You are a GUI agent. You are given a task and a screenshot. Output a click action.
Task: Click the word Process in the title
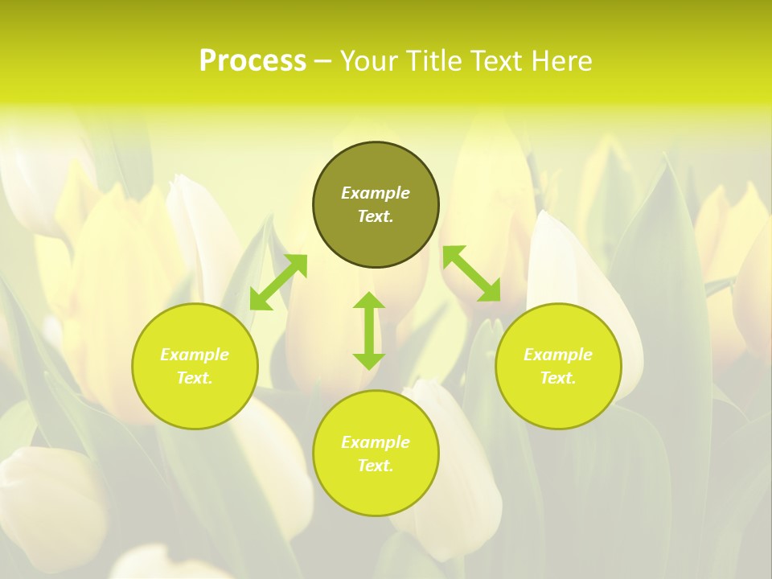(x=253, y=61)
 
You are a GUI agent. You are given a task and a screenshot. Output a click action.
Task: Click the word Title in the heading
(x=431, y=61)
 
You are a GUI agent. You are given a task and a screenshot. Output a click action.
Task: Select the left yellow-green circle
(x=195, y=402)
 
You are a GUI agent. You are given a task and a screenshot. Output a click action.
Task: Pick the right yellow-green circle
(x=558, y=402)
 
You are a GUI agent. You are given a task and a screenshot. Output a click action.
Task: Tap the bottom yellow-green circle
(x=376, y=491)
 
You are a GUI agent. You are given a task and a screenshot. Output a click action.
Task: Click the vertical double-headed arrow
(x=369, y=331)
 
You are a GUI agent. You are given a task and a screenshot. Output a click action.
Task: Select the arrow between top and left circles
(x=278, y=282)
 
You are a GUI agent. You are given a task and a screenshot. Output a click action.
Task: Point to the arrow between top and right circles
(x=471, y=274)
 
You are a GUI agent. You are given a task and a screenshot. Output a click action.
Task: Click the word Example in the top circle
(x=376, y=193)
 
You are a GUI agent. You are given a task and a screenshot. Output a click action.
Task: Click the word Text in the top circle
(x=376, y=216)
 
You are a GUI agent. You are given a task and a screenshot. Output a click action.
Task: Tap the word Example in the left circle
(x=195, y=355)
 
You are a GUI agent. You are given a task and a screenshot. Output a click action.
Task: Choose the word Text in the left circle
(x=195, y=378)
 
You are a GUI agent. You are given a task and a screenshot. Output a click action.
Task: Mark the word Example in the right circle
(x=558, y=355)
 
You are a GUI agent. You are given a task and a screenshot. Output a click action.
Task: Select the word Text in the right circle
(x=558, y=378)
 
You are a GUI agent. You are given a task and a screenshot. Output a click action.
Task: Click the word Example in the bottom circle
(x=376, y=442)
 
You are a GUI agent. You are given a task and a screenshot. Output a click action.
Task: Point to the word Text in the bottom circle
(x=376, y=466)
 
